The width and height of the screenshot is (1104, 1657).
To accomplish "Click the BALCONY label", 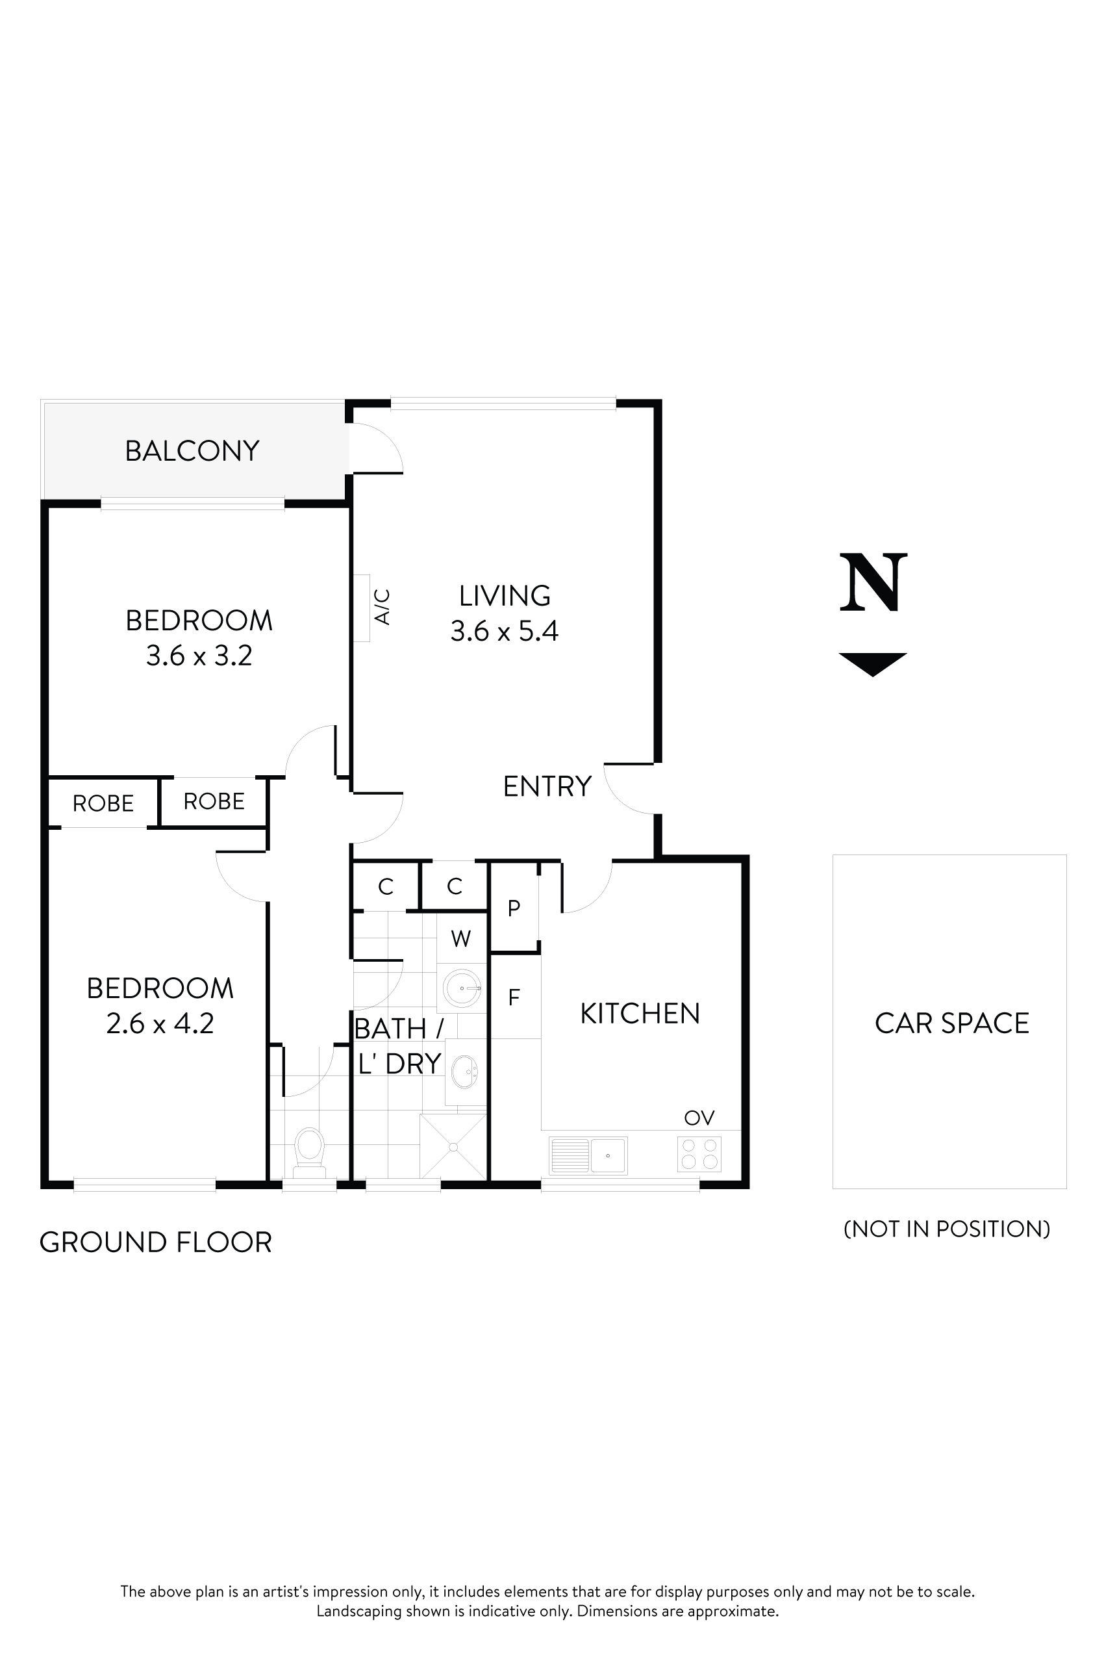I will [192, 451].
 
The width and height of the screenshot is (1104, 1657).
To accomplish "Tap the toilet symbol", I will [308, 1148].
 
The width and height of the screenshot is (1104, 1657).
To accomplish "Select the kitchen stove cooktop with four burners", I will [699, 1154].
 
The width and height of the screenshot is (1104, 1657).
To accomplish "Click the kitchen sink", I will [588, 1155].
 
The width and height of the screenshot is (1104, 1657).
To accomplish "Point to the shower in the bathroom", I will [453, 1146].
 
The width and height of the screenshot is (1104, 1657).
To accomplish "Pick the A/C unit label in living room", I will [383, 608].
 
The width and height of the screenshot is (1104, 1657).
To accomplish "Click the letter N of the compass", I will [873, 583].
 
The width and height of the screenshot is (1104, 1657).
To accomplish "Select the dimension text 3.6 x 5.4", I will [504, 631].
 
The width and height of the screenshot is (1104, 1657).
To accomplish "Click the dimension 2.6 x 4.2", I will [160, 1023].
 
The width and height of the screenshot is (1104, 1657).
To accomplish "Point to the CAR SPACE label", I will [951, 1023].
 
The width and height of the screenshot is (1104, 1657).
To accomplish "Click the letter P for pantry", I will [514, 908].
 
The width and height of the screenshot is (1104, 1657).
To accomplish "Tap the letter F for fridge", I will [514, 997].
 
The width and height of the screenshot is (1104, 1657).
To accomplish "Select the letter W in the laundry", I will [460, 938].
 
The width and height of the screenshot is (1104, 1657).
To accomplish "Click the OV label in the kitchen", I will [699, 1118].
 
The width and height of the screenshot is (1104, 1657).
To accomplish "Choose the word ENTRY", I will [547, 786].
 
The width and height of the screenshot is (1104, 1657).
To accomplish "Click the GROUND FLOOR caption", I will [156, 1242].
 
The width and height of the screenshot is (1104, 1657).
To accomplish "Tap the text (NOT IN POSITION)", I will [947, 1229].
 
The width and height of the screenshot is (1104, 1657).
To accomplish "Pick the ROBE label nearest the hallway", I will [214, 801].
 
